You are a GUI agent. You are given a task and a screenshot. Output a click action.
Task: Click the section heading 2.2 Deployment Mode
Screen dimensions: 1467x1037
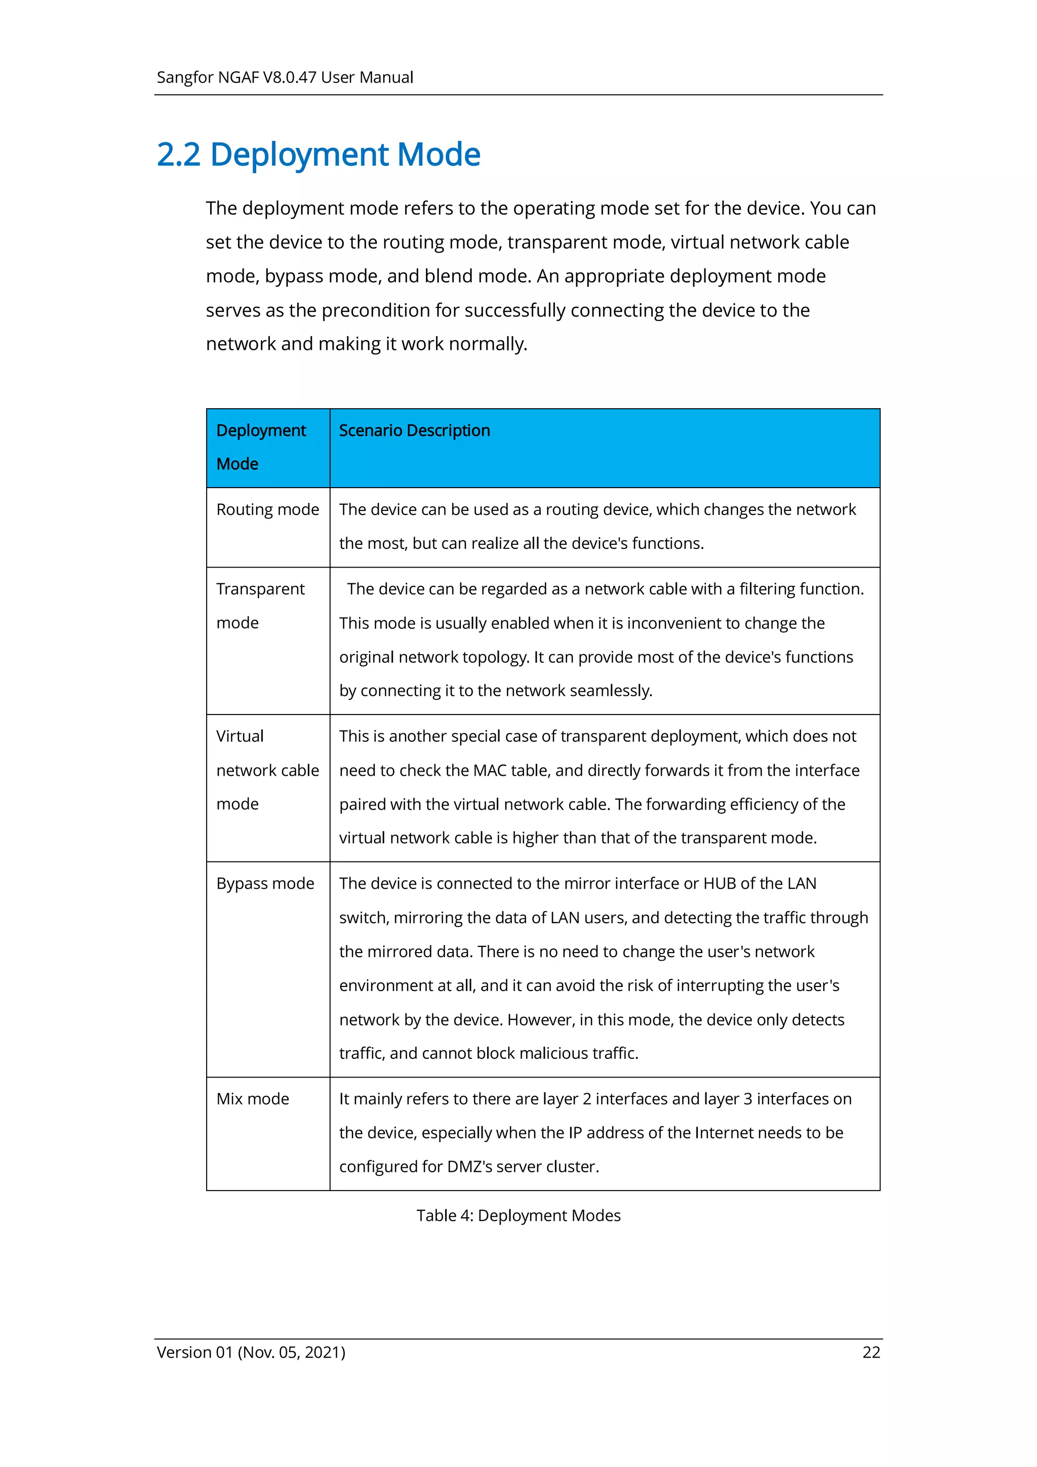[318, 154]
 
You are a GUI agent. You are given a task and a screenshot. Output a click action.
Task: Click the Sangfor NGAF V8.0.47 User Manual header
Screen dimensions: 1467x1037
[285, 77]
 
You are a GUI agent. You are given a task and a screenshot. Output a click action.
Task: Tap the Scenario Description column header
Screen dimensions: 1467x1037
[414, 430]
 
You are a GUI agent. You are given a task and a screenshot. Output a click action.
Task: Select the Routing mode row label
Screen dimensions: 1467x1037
[267, 509]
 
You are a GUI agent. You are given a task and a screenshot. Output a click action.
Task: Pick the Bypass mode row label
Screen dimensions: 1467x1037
[265, 883]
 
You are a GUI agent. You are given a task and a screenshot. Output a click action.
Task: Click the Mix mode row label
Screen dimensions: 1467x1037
[252, 1098]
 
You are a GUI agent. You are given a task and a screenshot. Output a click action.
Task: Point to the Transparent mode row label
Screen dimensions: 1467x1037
[260, 605]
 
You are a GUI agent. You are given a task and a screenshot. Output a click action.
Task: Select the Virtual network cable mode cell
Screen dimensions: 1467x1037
[267, 770]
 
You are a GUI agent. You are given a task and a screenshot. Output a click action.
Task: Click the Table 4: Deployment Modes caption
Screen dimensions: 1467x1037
[518, 1215]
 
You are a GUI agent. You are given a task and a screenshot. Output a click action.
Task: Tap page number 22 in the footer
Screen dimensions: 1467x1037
[871, 1352]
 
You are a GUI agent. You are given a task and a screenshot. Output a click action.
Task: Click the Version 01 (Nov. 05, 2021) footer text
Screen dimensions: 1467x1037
[251, 1352]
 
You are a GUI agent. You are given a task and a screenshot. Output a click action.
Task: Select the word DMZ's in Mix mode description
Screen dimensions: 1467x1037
[469, 1167]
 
